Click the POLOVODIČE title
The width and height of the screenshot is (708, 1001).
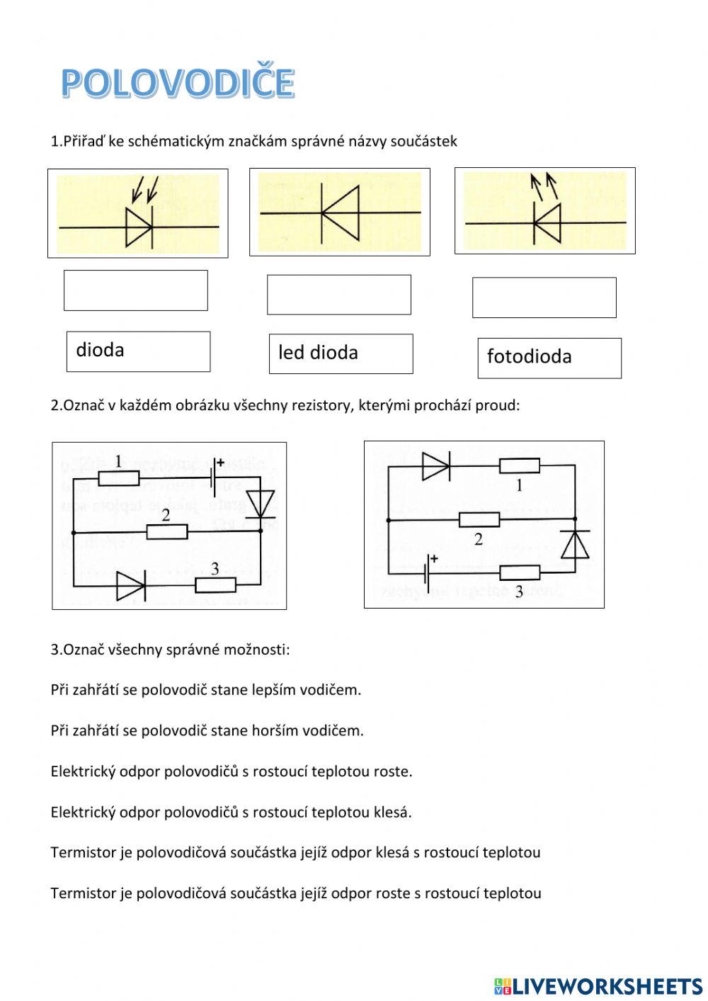(x=177, y=83)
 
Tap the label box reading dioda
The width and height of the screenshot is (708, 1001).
(x=138, y=351)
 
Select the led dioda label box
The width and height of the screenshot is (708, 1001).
(x=341, y=354)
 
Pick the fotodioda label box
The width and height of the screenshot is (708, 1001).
(x=549, y=358)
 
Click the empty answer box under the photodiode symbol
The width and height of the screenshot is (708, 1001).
(x=135, y=290)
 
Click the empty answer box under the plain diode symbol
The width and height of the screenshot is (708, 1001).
(x=338, y=295)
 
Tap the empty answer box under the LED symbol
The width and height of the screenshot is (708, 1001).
(x=544, y=298)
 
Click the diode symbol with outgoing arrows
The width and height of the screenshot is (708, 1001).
(x=547, y=222)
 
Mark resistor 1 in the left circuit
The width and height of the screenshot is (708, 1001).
(x=118, y=478)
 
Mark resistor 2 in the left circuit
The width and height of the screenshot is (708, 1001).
(x=167, y=531)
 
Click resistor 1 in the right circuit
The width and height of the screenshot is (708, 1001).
(x=519, y=466)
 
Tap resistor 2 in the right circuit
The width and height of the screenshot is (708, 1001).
(x=479, y=520)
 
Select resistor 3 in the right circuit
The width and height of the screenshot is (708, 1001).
(x=519, y=572)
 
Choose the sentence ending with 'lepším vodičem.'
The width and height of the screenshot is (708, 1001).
(x=206, y=690)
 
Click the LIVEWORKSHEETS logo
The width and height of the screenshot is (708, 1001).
(x=598, y=985)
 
